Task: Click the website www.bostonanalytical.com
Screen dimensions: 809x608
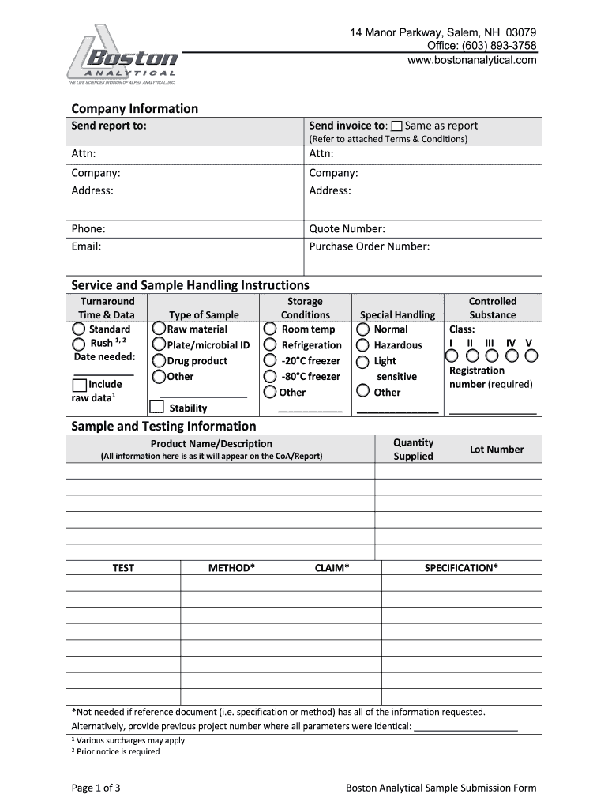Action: (x=471, y=60)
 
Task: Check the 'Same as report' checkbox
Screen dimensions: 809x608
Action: (x=396, y=126)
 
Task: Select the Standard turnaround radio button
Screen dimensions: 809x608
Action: (x=79, y=329)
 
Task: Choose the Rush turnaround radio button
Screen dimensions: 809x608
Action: (x=79, y=344)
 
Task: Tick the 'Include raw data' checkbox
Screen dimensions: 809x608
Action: (x=79, y=386)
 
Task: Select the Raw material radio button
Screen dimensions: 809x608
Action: (x=159, y=329)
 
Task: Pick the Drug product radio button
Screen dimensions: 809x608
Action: (x=159, y=361)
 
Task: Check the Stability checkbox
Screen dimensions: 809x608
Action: (x=156, y=407)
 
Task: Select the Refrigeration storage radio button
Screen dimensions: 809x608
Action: (x=270, y=345)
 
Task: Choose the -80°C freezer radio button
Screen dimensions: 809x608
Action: (x=270, y=377)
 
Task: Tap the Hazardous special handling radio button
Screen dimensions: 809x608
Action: (x=362, y=345)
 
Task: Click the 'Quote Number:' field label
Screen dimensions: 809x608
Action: (x=347, y=229)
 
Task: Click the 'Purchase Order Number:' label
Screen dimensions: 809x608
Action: (x=369, y=246)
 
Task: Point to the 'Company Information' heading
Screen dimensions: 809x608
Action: (x=134, y=109)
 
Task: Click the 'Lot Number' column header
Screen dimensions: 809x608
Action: (x=497, y=450)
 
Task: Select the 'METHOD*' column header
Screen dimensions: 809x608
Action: (x=231, y=568)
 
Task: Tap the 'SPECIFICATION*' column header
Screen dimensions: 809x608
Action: (x=461, y=568)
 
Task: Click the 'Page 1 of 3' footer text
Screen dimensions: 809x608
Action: (x=96, y=788)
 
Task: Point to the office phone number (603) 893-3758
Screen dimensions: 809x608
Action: (x=497, y=46)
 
